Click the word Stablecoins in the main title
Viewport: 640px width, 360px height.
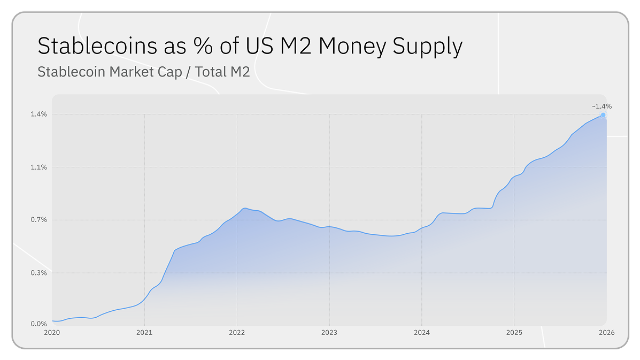pos(97,45)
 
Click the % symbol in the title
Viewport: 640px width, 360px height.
pos(203,45)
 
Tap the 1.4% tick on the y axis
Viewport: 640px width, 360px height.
pos(39,114)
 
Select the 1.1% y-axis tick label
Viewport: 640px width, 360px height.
pos(39,167)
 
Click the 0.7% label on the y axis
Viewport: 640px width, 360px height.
pos(39,220)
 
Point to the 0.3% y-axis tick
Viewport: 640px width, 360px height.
pos(39,273)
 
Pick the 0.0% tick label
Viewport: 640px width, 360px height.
pos(39,324)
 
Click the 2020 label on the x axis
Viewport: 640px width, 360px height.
pos(52,333)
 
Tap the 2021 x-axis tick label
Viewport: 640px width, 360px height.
pos(144,333)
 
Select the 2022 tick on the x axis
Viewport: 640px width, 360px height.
pos(237,333)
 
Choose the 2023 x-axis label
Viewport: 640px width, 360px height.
pos(329,333)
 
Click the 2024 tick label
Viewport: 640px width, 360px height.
pos(422,333)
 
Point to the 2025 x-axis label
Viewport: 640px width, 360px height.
pos(514,333)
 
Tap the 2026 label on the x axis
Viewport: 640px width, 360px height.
pos(606,333)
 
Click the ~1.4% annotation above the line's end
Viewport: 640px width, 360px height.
pos(602,106)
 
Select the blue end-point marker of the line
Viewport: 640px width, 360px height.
pos(603,115)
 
